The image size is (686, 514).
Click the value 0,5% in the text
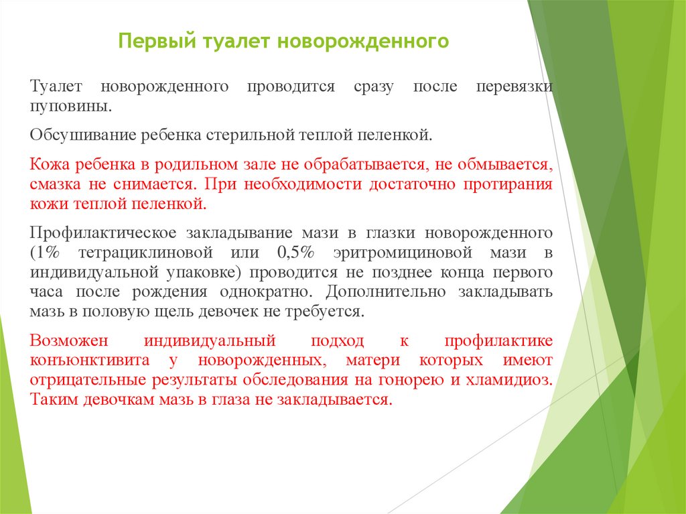coord(295,253)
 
